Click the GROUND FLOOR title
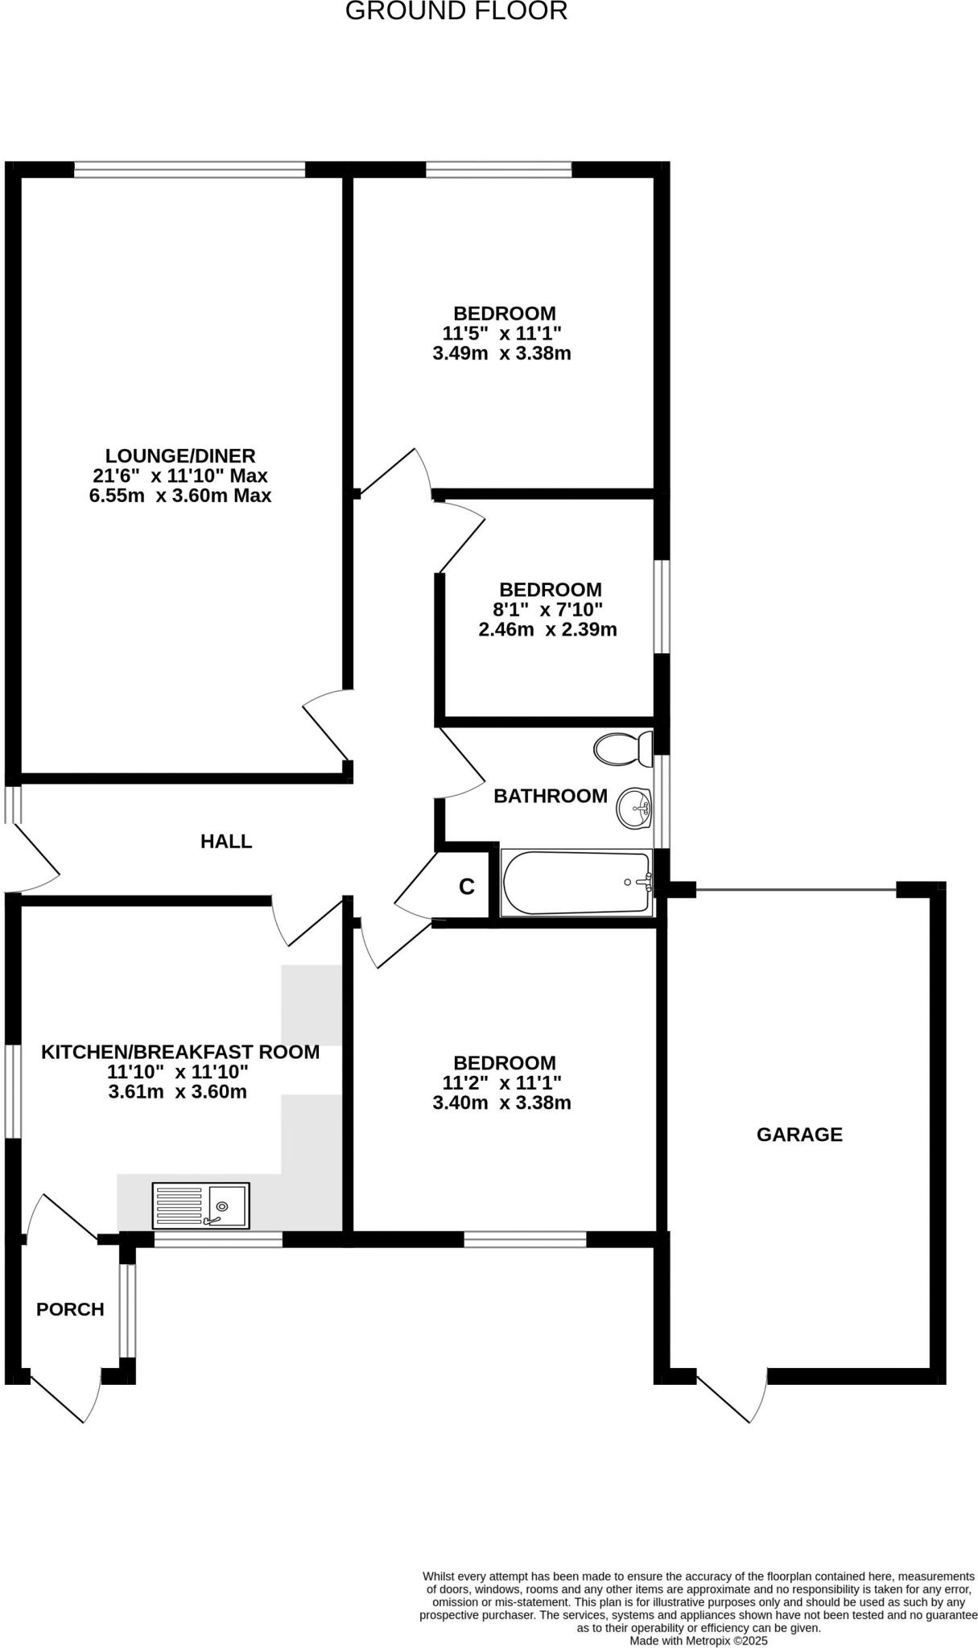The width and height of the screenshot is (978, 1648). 456,11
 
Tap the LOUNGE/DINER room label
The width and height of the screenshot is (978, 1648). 180,455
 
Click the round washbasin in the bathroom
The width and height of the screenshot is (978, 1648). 633,807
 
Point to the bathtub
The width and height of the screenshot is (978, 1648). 576,883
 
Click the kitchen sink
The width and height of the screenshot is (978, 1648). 201,1205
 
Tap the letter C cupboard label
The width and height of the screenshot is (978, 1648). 467,887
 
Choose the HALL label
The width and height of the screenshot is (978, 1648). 226,842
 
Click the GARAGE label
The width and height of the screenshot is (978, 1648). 799,1135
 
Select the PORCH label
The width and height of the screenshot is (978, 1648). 70,1309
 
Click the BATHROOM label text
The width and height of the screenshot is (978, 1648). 551,796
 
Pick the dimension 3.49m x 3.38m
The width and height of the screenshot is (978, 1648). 501,353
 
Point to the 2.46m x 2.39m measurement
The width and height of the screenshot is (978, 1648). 547,629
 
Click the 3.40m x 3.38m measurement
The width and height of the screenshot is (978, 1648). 501,1102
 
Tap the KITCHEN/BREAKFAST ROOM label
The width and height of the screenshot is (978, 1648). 180,1052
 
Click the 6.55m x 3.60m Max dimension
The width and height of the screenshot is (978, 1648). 180,496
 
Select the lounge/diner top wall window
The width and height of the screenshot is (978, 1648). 189,169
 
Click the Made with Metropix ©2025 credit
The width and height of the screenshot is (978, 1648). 699,1640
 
